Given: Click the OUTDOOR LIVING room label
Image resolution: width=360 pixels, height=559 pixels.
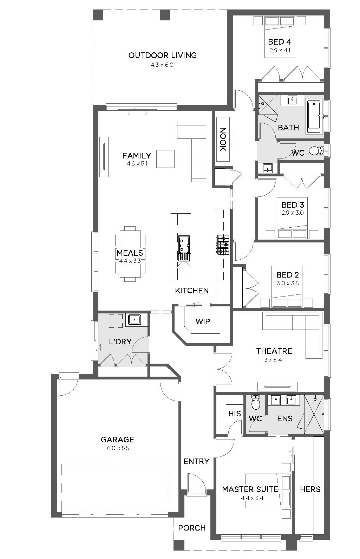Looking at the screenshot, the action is pyautogui.click(x=162, y=55).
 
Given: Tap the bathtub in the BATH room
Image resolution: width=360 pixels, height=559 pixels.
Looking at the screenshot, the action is pyautogui.click(x=314, y=117).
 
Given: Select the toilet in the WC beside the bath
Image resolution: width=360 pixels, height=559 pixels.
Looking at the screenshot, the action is pyautogui.click(x=316, y=151).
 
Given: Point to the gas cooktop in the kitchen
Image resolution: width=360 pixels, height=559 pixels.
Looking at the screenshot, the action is pyautogui.click(x=223, y=245).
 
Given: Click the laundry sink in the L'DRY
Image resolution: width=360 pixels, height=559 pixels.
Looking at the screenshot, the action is pyautogui.click(x=135, y=320).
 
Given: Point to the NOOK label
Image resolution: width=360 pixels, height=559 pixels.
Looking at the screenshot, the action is pyautogui.click(x=223, y=139).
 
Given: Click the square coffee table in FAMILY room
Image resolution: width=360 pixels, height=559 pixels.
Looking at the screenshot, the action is pyautogui.click(x=165, y=159).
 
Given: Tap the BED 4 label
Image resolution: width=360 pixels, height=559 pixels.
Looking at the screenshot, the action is pyautogui.click(x=280, y=42).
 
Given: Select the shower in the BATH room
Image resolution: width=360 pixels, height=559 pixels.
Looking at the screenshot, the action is pyautogui.click(x=268, y=105).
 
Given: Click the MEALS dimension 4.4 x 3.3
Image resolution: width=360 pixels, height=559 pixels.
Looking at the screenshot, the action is pyautogui.click(x=130, y=261).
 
